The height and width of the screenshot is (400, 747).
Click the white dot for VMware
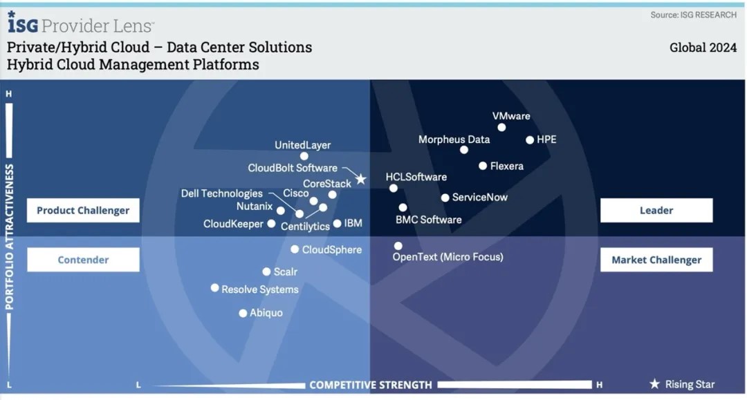point(501,128)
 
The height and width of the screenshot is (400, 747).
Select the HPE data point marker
point(530,140)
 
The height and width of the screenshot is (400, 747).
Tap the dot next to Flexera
point(483,166)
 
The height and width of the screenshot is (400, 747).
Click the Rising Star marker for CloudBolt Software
point(361,180)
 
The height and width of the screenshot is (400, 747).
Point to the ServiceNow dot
point(445,198)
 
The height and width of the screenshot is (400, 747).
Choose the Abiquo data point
point(243,313)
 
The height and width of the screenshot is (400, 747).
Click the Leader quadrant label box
point(656,210)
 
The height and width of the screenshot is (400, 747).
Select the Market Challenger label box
point(656,260)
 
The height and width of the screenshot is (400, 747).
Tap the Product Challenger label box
point(84,210)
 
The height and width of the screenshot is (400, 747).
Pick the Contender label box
point(84,260)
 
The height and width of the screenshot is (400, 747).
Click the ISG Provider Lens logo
point(80,23)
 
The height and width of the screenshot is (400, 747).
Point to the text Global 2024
point(703,48)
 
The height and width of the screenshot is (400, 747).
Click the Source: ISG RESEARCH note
point(694,15)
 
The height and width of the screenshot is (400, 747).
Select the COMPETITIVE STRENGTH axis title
point(371,385)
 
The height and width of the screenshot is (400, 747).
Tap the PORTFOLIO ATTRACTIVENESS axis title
point(9,237)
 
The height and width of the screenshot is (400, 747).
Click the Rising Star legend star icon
point(655,384)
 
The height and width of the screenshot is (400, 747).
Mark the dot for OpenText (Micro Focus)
point(398,246)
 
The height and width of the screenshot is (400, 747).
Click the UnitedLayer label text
point(302,145)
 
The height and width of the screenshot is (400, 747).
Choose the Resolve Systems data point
point(215,288)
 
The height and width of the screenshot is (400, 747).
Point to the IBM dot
point(338,223)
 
